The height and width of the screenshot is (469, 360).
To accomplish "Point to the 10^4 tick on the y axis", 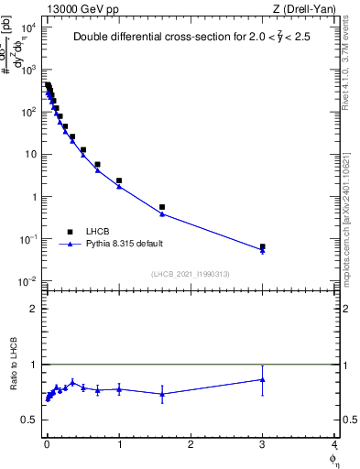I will coord(27,27).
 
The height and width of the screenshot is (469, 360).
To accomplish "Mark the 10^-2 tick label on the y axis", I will coord(27,281).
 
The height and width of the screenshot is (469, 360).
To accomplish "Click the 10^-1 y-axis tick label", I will coord(27,239).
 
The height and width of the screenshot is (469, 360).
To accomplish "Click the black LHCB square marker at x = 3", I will coord(263,246).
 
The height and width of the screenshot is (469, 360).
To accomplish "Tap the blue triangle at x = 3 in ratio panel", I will coord(263,379).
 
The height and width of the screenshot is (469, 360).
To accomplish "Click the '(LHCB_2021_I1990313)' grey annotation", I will coord(191,274).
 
